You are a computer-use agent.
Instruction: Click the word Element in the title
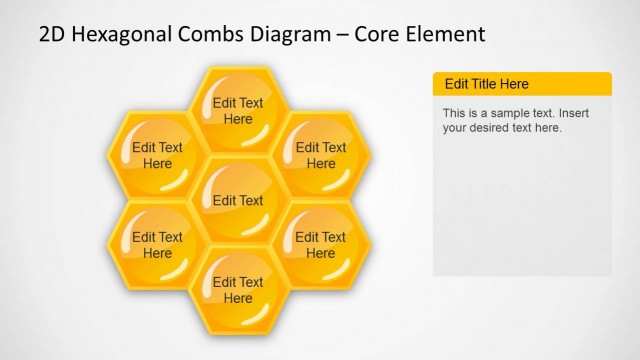pyautogui.click(x=448, y=34)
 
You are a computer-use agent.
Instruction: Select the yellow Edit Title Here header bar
pyautogui.click(x=521, y=84)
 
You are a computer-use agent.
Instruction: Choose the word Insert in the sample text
pyautogui.click(x=572, y=113)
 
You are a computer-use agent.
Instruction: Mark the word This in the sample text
pyautogui.click(x=454, y=113)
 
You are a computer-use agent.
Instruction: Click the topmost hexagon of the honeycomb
pyautogui.click(x=238, y=110)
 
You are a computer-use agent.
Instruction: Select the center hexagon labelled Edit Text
pyautogui.click(x=238, y=200)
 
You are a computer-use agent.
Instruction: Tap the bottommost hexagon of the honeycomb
pyautogui.click(x=238, y=290)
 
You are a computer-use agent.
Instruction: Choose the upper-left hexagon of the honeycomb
pyautogui.click(x=158, y=155)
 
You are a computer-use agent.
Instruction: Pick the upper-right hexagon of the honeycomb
pyautogui.click(x=321, y=155)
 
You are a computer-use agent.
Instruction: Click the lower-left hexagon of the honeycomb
pyautogui.click(x=158, y=245)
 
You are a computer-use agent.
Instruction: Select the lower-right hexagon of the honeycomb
pyautogui.click(x=321, y=245)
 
